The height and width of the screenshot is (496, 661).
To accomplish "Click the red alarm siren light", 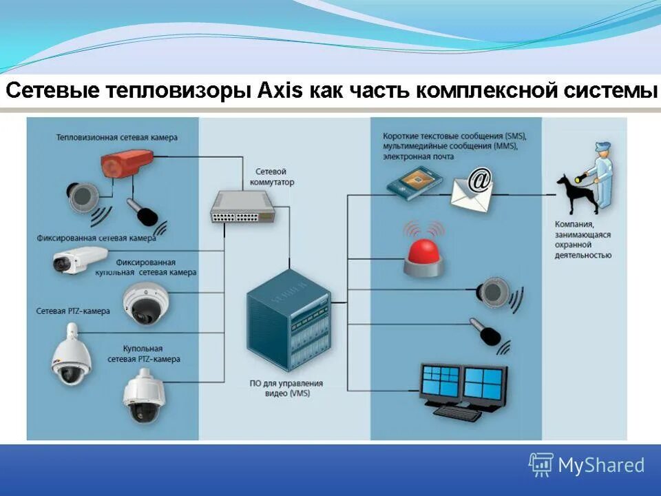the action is point(423,256).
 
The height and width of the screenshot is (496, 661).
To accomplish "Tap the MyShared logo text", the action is point(600,465).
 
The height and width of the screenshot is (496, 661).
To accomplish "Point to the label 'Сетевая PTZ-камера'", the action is point(73,311).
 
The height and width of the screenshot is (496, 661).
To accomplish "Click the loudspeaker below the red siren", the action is point(494,291).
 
